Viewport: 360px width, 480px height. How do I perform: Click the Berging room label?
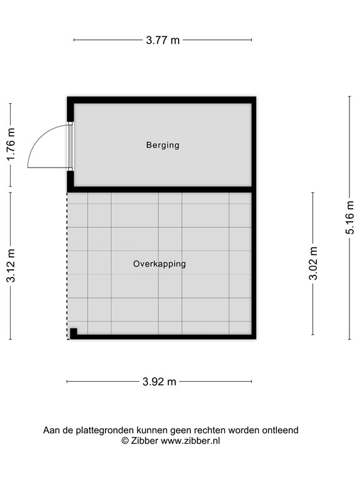pyautogui.click(x=162, y=145)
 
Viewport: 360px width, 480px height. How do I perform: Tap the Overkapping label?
pyautogui.click(x=159, y=264)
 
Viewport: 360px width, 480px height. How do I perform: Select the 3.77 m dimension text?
pyautogui.click(x=162, y=40)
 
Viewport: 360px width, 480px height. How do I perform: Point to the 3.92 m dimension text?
pyautogui.click(x=159, y=382)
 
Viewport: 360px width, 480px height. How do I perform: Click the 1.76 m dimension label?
pyautogui.click(x=11, y=145)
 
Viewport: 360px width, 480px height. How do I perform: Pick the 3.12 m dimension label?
pyautogui.click(x=11, y=266)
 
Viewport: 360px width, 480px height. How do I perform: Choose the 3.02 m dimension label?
pyautogui.click(x=313, y=263)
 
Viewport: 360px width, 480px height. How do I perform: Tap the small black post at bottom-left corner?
pyautogui.click(x=73, y=332)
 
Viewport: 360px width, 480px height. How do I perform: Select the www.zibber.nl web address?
pyautogui.click(x=191, y=441)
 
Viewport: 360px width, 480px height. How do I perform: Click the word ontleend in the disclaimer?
pyautogui.click(x=281, y=430)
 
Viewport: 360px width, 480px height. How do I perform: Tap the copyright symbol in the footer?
pyautogui.click(x=125, y=441)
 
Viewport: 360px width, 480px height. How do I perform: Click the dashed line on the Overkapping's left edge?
pyautogui.click(x=67, y=262)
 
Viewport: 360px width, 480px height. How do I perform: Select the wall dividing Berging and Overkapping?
pyautogui.click(x=162, y=189)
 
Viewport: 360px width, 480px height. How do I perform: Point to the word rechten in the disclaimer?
pyautogui.click(x=211, y=430)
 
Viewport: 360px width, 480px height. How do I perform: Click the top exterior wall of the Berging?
pyautogui.click(x=162, y=100)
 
